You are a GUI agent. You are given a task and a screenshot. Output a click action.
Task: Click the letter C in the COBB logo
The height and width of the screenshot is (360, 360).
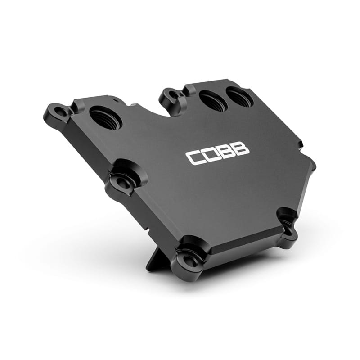(x=195, y=157)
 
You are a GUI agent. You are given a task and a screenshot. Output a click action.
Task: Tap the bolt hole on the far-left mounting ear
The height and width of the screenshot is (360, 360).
(x=58, y=109)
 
